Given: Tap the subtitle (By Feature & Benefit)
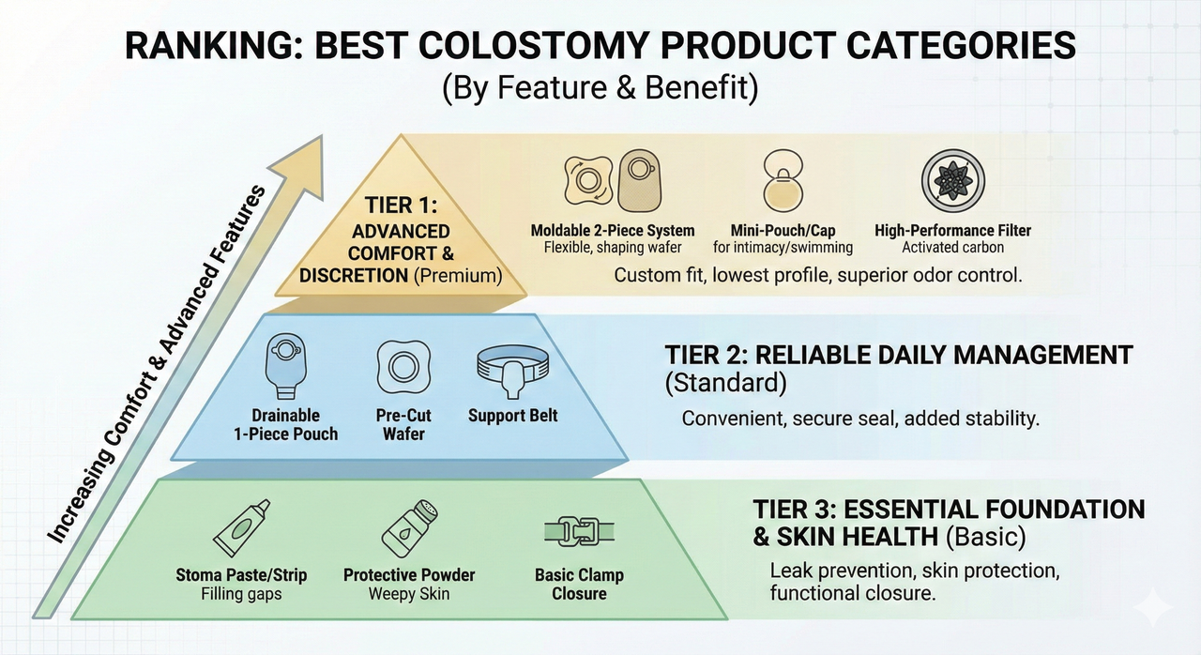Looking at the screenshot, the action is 600,87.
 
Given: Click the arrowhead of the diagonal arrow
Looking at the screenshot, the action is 299,166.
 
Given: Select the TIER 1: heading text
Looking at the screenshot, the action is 401,206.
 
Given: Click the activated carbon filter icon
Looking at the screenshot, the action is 952,180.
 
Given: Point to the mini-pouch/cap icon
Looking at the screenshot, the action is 783,180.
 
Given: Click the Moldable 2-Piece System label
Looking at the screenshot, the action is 613,231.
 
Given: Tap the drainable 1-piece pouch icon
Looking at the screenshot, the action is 286,366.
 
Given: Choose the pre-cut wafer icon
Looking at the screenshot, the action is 403,367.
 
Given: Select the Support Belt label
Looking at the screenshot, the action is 512,416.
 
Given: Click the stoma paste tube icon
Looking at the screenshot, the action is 241,528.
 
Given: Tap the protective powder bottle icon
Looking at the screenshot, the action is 410,529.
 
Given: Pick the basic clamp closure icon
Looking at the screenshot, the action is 579,531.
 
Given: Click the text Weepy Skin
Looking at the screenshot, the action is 409,594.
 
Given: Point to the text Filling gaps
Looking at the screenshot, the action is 241,594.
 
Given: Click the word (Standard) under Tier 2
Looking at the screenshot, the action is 725,383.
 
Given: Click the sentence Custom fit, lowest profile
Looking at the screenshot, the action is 817,275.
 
